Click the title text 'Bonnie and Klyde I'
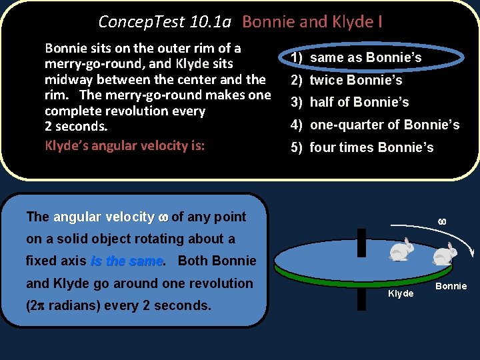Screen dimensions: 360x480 (312, 22)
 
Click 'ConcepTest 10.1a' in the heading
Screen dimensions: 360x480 (165, 22)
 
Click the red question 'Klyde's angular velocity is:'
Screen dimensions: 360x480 (125, 145)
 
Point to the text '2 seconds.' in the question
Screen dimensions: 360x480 (76, 126)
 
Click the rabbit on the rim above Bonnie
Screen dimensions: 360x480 (445, 254)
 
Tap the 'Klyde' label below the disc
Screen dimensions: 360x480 (401, 293)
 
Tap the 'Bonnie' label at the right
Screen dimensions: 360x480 (451, 287)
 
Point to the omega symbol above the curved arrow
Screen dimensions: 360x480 (441, 221)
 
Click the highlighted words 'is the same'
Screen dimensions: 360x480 (127, 261)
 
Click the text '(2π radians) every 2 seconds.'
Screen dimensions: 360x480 (119, 305)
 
